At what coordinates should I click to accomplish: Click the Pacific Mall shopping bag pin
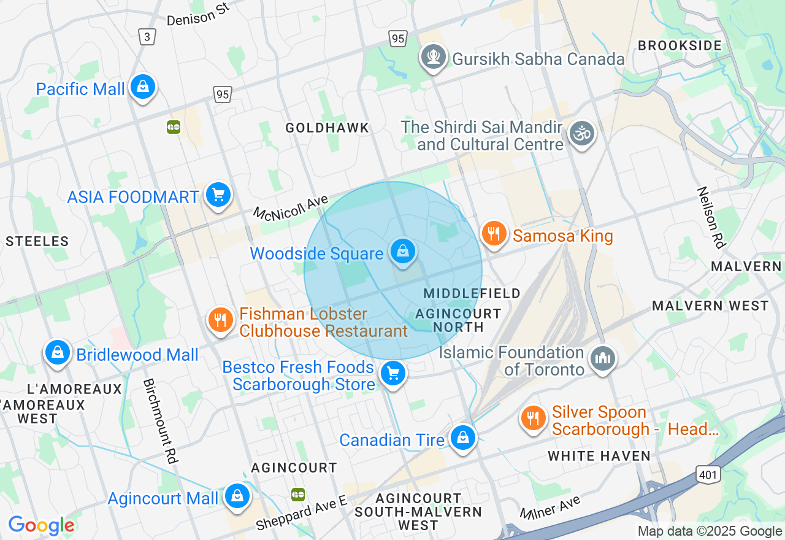coord(143,88)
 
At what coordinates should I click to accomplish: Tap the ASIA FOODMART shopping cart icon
coord(218,196)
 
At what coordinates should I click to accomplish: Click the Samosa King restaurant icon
coord(494,234)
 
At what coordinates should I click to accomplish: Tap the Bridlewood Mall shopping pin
coord(58,353)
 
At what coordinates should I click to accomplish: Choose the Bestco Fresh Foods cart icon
coord(393,373)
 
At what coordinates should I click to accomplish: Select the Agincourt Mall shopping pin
coord(237,496)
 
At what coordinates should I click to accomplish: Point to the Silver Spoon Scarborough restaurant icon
coord(534,418)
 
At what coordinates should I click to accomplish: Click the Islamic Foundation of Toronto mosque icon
coord(602,360)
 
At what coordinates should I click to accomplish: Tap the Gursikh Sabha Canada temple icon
coord(434,58)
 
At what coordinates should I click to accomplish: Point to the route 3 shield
coord(147,37)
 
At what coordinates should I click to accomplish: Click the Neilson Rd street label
coord(710,218)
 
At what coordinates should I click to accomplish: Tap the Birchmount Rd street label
coord(160,421)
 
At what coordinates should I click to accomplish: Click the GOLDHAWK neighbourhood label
coord(327,128)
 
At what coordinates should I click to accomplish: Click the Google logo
coord(41,525)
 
